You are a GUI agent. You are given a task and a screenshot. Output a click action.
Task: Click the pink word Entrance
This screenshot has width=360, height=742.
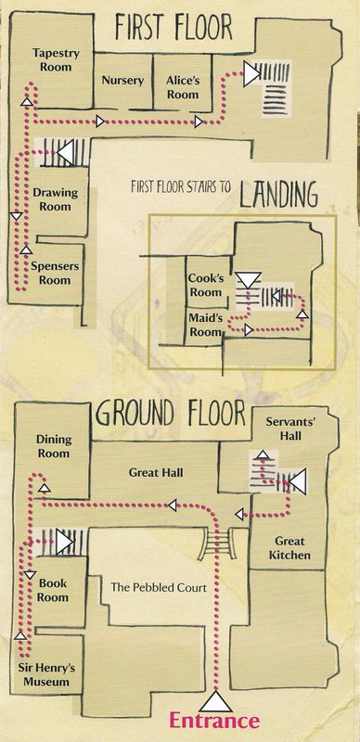pyautogui.click(x=214, y=721)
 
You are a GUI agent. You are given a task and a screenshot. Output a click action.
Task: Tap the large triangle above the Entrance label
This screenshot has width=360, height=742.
pyautogui.click(x=215, y=702)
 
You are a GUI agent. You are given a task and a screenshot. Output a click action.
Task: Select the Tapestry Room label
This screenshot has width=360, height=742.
pyautogui.click(x=56, y=59)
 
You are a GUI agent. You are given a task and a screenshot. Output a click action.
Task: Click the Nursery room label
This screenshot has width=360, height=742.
pyautogui.click(x=122, y=81)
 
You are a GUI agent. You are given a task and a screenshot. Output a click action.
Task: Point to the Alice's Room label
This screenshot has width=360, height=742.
pyautogui.click(x=183, y=87)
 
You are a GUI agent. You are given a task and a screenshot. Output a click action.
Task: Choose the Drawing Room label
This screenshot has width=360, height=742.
pyautogui.click(x=55, y=199)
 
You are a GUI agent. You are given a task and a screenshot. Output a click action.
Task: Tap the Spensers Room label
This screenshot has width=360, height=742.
pyautogui.click(x=55, y=273)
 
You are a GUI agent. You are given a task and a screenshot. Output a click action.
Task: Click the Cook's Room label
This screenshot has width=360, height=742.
pyautogui.click(x=205, y=286)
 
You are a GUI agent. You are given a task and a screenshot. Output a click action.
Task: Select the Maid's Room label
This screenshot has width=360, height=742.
pyautogui.click(x=206, y=324)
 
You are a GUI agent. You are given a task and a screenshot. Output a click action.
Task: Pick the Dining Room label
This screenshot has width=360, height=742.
pyautogui.click(x=53, y=446)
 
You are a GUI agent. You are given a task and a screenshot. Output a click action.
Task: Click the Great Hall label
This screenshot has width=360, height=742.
pyautogui.click(x=156, y=472)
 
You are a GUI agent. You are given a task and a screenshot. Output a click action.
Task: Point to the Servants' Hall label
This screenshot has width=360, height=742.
pyautogui.click(x=283, y=429)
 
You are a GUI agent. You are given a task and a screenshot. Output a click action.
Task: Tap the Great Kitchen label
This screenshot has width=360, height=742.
pyautogui.click(x=289, y=547)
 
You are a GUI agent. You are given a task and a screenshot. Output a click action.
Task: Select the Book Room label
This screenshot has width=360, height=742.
pyautogui.click(x=53, y=590)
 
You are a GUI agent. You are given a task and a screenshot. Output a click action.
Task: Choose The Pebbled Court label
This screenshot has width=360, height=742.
pyautogui.click(x=159, y=588)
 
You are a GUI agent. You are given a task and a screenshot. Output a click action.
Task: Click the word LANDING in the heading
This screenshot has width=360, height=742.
pyautogui.click(x=277, y=195)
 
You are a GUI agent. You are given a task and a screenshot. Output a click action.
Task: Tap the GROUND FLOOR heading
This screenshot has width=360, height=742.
pyautogui.click(x=171, y=414)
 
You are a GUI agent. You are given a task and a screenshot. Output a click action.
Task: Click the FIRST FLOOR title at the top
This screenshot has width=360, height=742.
pyautogui.click(x=174, y=28)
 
